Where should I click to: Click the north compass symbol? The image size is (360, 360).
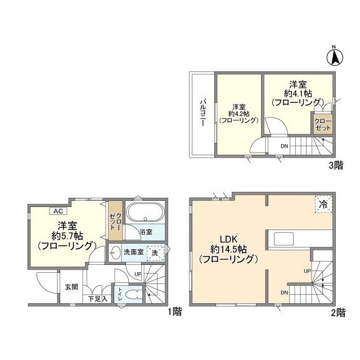coord(334,56)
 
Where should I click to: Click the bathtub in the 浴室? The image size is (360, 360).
coord(145,215)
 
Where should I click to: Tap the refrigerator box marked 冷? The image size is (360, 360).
coord(323,204)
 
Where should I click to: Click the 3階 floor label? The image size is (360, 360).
coord(336,165)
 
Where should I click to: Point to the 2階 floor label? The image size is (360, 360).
coord(338,313)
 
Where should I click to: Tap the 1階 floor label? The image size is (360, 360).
coord(174,313)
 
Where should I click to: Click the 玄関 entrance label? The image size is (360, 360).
coord(71,287)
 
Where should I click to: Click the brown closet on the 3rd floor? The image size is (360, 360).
coord(323,124)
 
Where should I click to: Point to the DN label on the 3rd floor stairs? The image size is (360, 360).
coord(285,147)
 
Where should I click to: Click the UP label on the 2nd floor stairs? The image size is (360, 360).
coord(307,271)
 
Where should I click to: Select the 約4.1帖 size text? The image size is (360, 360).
coord(297,92)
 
